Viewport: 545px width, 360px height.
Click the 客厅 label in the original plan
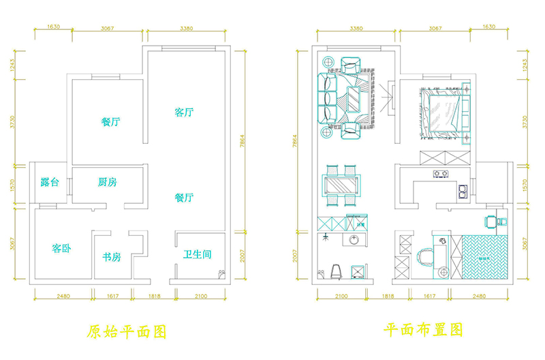pos(183,112)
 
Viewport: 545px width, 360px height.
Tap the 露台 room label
pos(50,183)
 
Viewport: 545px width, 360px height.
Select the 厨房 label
pos(107,183)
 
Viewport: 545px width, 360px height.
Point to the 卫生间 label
pos(197,255)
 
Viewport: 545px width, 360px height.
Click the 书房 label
pos(112,257)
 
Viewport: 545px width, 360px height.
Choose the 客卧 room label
pos(61,248)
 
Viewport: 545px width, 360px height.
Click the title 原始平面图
pos(127,332)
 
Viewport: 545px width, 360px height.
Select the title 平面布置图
pos(423,331)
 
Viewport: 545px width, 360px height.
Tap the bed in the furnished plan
pos(443,112)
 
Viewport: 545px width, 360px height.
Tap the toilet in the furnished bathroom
pos(334,271)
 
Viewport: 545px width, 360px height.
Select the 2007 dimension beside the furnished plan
pos(295,256)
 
